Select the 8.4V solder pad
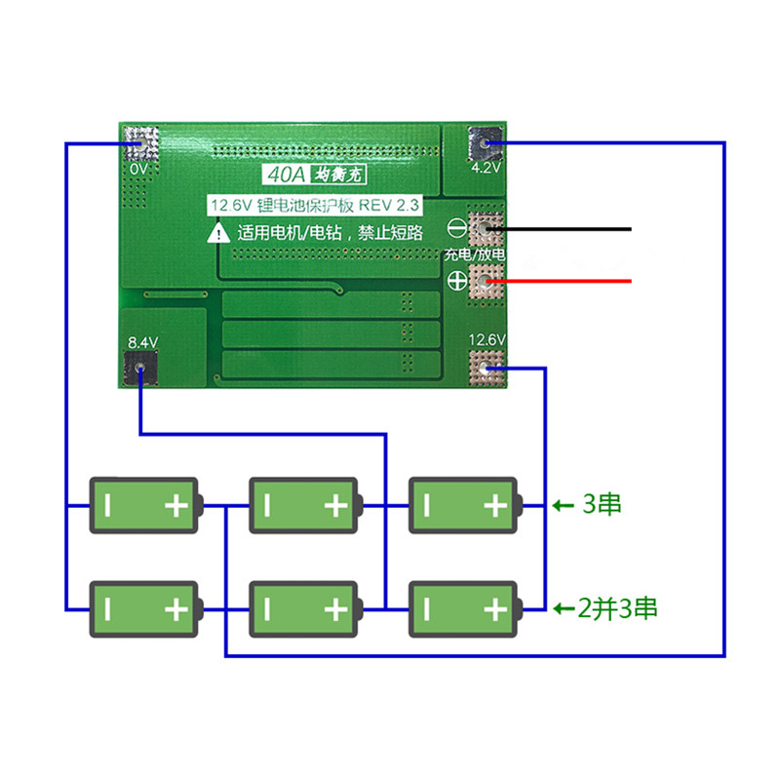coord(142,369)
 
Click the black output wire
coord(565,229)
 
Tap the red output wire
coord(565,282)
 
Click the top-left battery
coord(144,505)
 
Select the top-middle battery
coord(304,505)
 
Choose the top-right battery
coord(464,505)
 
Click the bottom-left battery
coord(144,609)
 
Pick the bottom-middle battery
coord(304,609)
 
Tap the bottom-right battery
coord(464,609)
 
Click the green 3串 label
coord(601,505)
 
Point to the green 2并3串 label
coord(617,609)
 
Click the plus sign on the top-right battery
coord(495,505)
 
